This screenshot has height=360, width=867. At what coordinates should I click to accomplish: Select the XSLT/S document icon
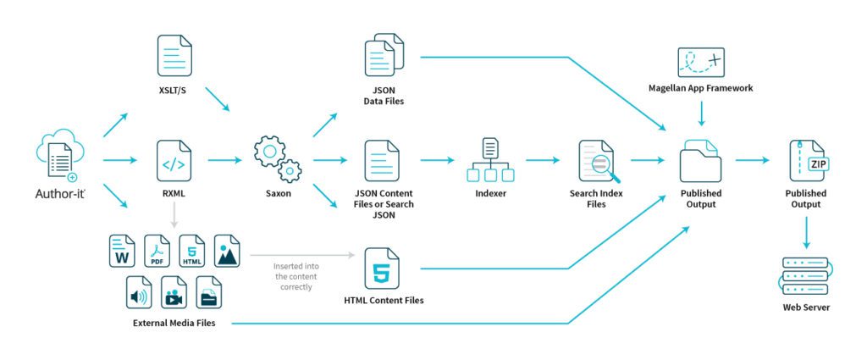click(175, 56)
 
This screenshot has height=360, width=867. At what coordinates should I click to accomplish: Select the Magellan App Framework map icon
click(700, 64)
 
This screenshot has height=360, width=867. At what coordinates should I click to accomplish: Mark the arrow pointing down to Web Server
click(805, 231)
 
